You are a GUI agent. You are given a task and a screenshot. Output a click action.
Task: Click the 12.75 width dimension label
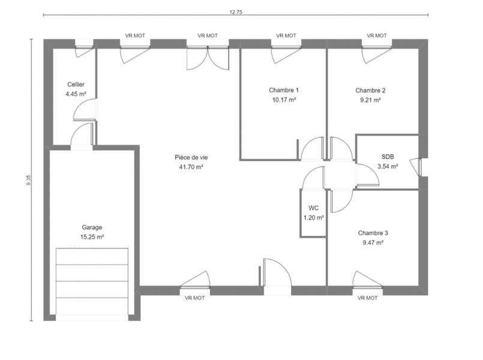click(x=236, y=13)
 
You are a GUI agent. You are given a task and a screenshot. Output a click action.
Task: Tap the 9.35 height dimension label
click(x=29, y=180)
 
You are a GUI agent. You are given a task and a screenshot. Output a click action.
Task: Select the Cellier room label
click(x=76, y=85)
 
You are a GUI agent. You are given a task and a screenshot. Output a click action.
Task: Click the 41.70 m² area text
click(x=191, y=167)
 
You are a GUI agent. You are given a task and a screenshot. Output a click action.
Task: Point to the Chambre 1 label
click(x=284, y=90)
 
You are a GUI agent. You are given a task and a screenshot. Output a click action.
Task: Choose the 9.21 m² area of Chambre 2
click(x=370, y=100)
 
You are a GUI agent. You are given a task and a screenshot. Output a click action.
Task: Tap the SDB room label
click(x=388, y=157)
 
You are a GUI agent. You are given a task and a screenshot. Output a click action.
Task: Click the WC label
click(x=313, y=208)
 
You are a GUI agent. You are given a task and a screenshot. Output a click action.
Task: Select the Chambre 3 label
click(x=373, y=233)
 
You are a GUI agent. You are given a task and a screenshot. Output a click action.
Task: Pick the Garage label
click(x=92, y=227)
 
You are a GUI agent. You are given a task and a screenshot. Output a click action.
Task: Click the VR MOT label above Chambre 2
click(x=377, y=36)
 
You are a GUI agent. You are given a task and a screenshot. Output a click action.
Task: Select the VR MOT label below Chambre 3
click(x=367, y=298)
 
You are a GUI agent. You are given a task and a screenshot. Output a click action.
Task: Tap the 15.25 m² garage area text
click(x=92, y=237)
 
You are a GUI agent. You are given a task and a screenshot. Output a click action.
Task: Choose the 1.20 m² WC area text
click(x=314, y=218)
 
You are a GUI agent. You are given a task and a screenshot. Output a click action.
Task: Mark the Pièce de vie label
click(x=191, y=157)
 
